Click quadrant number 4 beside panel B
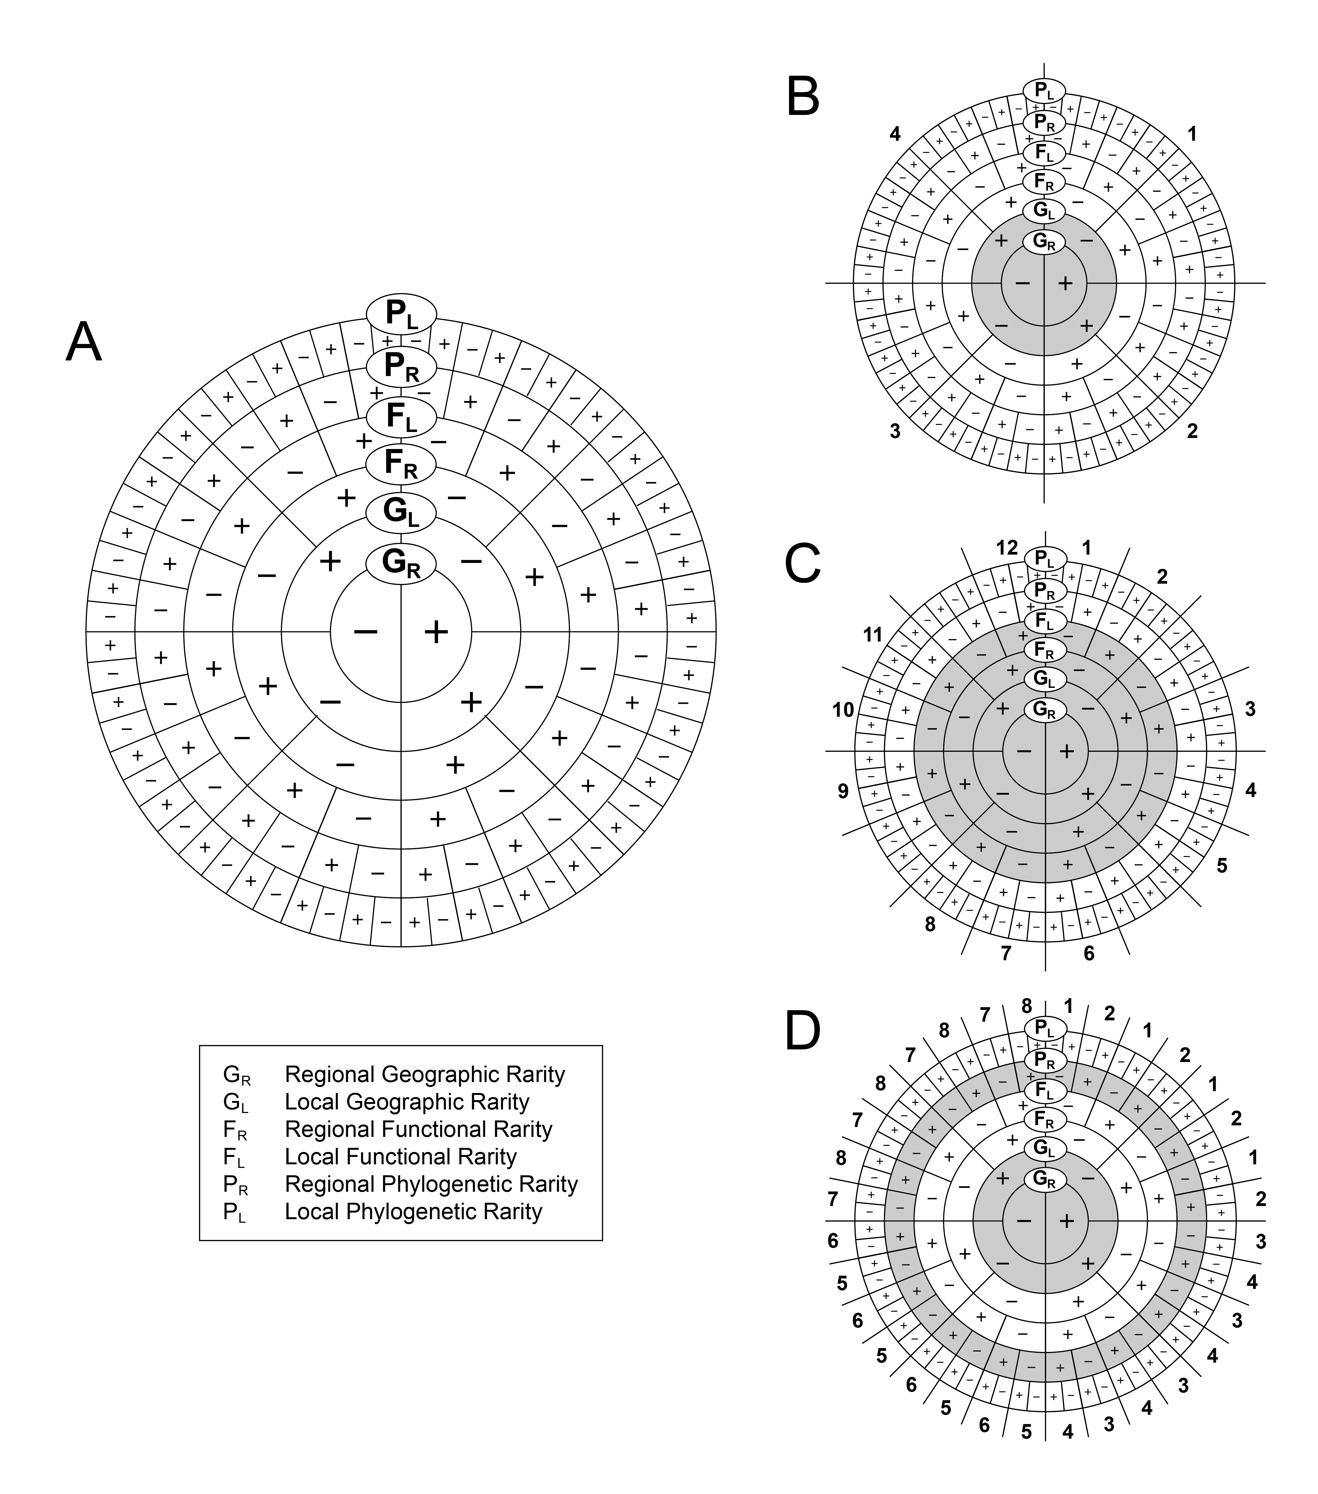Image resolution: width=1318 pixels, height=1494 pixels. coord(895,134)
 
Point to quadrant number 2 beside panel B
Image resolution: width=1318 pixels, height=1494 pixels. coord(1192,431)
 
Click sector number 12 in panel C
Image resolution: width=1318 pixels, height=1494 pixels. coord(1007,547)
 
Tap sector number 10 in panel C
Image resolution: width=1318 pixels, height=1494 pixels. coord(843,709)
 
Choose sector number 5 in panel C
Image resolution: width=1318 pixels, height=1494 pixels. coord(1221,866)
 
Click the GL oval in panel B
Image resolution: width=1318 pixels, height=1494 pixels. coord(1044,210)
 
